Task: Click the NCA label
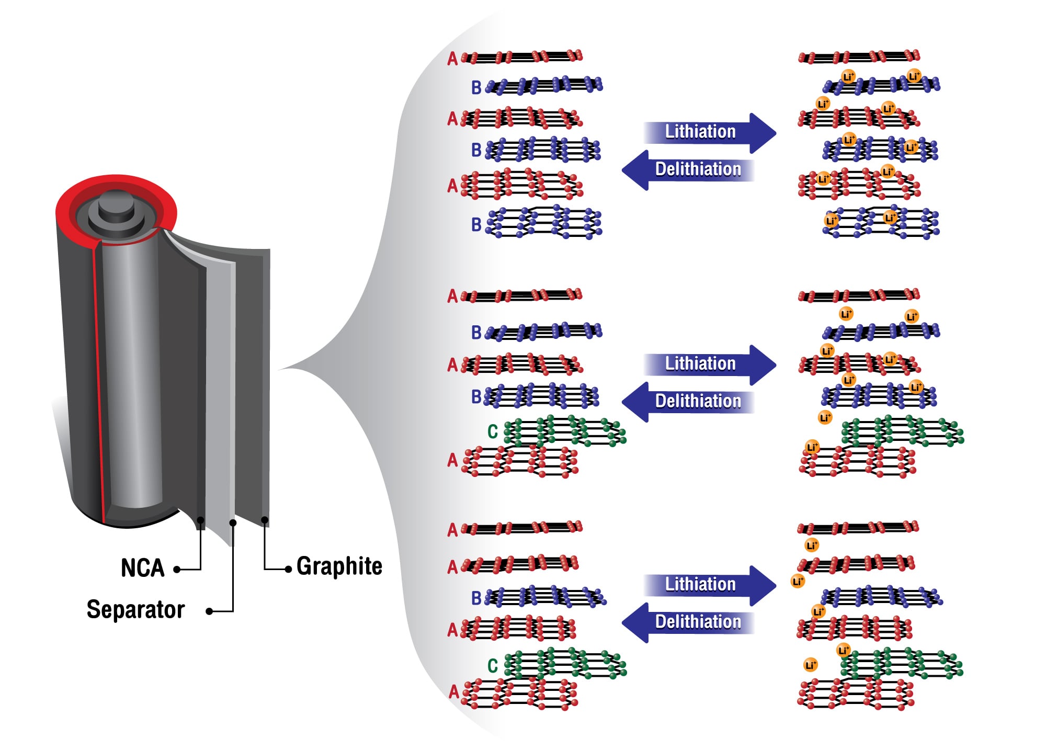point(142,568)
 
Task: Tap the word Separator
point(135,610)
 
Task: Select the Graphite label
point(339,566)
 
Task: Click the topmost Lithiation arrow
point(709,132)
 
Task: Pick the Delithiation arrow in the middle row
point(688,402)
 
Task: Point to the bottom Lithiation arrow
point(709,585)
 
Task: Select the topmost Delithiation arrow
point(688,170)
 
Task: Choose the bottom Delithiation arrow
point(688,622)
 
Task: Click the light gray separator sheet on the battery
point(220,392)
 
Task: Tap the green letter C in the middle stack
point(492,431)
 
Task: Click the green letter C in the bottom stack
point(492,666)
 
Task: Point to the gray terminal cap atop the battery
point(116,209)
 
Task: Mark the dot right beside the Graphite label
point(288,569)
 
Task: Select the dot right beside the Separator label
point(209,611)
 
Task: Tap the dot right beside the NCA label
point(177,570)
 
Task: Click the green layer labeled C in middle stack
point(565,431)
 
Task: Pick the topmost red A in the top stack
point(452,59)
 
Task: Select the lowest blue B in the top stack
point(476,224)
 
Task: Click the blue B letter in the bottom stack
point(476,598)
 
